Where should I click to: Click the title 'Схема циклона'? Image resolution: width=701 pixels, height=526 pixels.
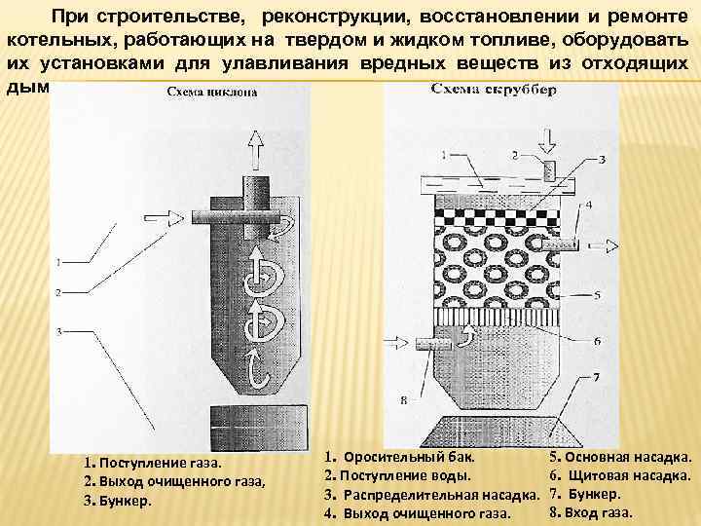pos(211,94)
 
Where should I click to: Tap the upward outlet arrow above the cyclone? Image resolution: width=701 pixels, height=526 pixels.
pos(255,149)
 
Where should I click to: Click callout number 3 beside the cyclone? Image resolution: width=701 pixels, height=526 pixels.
pos(59,331)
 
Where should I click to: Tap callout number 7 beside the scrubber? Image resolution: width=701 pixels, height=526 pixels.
pos(595,376)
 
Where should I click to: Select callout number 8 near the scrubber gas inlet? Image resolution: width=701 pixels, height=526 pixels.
pos(403,398)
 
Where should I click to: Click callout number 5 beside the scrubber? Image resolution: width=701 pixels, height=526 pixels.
pos(595,293)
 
